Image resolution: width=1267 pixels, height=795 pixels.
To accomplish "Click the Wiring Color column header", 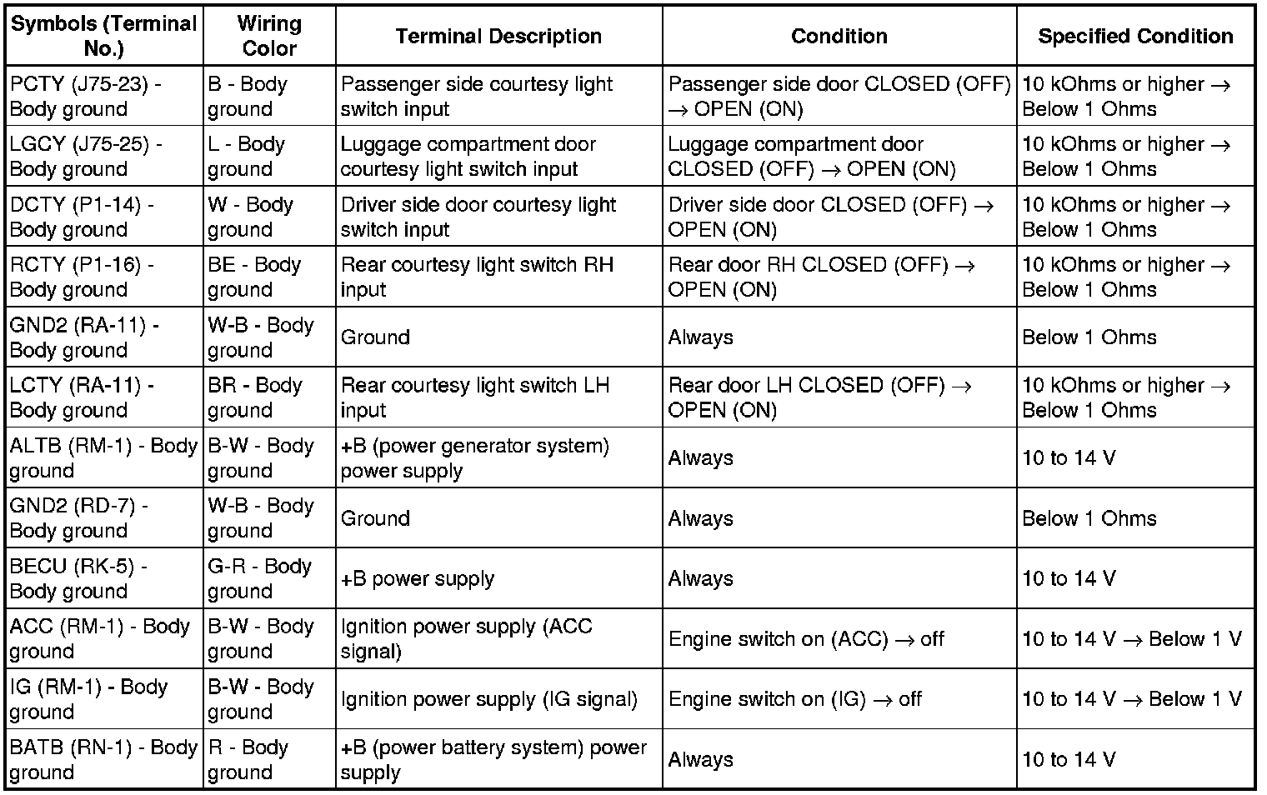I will coord(268,36).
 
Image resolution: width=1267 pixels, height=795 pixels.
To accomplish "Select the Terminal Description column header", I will coord(498,36).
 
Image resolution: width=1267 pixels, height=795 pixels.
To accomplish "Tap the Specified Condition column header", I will coord(1135,36).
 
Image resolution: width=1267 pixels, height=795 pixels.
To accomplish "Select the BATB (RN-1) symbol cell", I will coord(103,759).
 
